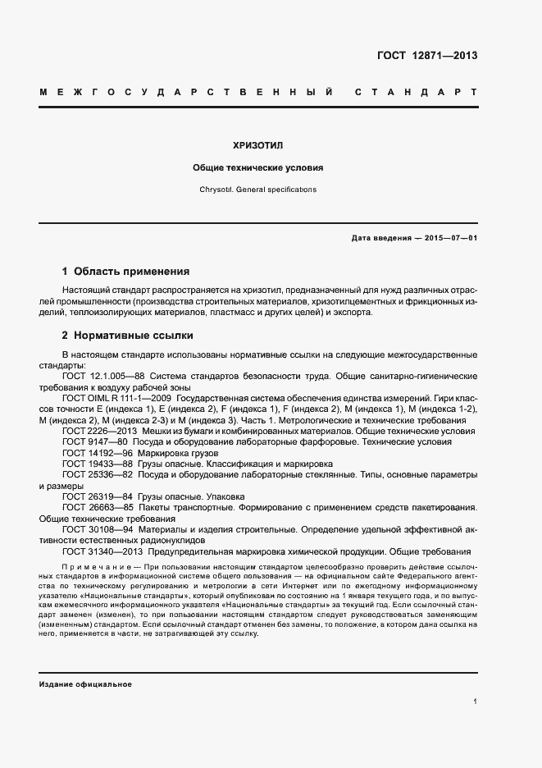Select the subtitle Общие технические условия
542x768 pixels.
click(x=257, y=167)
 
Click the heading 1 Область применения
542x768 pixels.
click(x=125, y=271)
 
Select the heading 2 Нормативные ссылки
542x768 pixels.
click(x=128, y=336)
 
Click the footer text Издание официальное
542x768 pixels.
click(x=85, y=684)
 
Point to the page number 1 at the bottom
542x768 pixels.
click(x=475, y=702)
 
